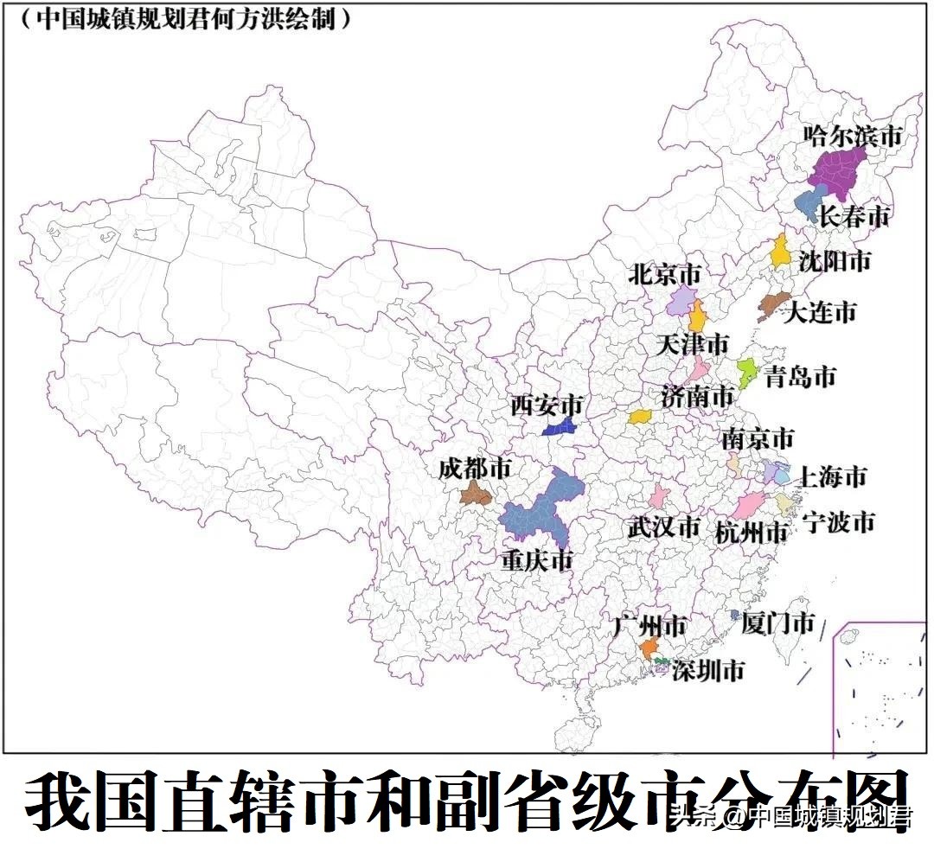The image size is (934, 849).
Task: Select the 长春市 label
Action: click(854, 216)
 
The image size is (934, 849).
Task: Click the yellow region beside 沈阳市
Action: click(780, 252)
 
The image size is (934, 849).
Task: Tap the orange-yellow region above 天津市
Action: click(697, 316)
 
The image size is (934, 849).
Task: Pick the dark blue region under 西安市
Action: click(561, 426)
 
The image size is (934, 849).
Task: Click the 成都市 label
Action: click(475, 469)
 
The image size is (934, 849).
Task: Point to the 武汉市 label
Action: click(663, 526)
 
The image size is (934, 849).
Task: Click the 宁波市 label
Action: click(838, 521)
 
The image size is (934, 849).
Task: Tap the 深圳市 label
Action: click(708, 670)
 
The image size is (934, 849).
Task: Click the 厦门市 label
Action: click(778, 623)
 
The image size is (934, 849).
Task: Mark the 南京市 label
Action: click(758, 438)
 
